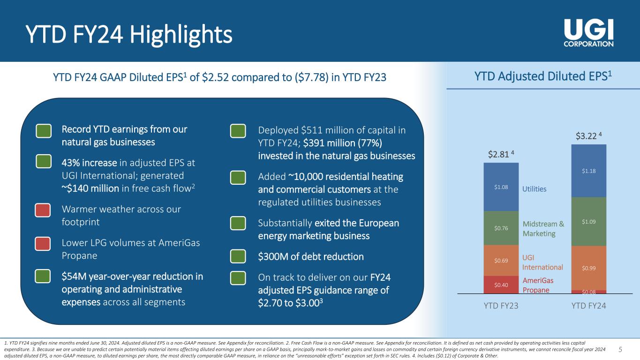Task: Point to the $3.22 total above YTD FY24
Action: click(587, 136)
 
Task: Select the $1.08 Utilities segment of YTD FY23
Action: click(501, 187)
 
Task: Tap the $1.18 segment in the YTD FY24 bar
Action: click(588, 171)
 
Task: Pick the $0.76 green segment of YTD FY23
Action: click(501, 228)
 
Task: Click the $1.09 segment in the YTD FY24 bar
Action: click(588, 221)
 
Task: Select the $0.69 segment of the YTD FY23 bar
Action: click(501, 260)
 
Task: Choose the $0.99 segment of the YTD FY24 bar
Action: click(588, 268)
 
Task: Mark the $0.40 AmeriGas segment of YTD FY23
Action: click(501, 284)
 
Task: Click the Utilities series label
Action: click(535, 189)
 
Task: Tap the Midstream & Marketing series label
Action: click(543, 229)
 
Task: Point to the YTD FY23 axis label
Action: click(501, 306)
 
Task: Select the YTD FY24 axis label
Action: click(589, 306)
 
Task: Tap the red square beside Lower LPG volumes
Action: click(44, 244)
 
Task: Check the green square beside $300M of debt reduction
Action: click(238, 256)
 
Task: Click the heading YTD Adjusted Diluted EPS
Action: click(539, 76)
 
